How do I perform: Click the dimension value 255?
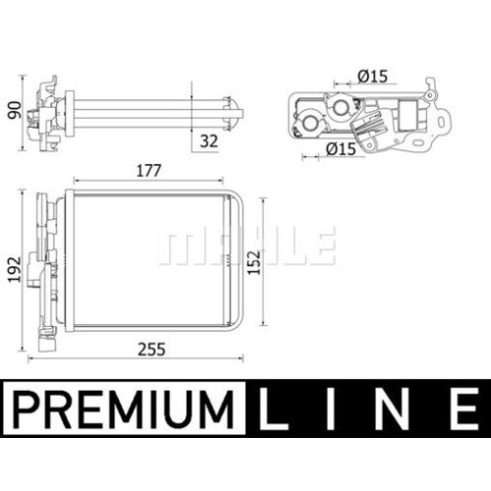click(x=151, y=350)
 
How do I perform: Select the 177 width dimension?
click(x=149, y=171)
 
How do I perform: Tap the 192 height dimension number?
click(x=15, y=269)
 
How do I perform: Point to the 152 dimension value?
click(x=254, y=262)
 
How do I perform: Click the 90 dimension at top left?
click(x=15, y=110)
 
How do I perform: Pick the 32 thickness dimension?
click(x=209, y=141)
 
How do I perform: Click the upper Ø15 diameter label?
click(x=372, y=77)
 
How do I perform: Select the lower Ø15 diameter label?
click(x=341, y=149)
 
